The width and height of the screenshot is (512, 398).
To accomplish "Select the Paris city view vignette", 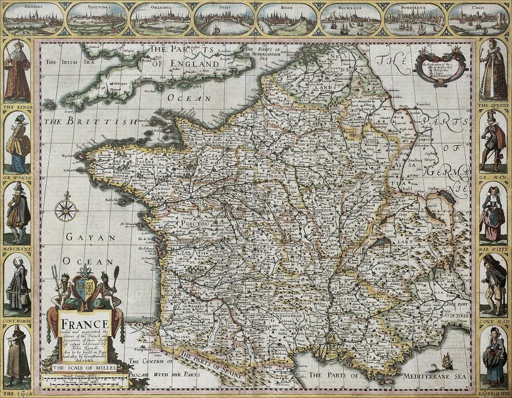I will pyautogui.click(x=224, y=20).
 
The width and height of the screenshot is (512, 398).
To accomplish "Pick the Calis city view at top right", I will pyautogui.click(x=478, y=20).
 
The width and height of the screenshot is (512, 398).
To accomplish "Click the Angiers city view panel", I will pyautogui.click(x=33, y=20).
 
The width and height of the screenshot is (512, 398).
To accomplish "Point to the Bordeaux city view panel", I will pyautogui.click(x=415, y=20).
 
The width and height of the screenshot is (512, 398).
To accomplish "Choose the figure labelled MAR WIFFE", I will pyautogui.click(x=493, y=212).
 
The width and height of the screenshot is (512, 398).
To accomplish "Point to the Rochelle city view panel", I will pyautogui.click(x=351, y=20).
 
